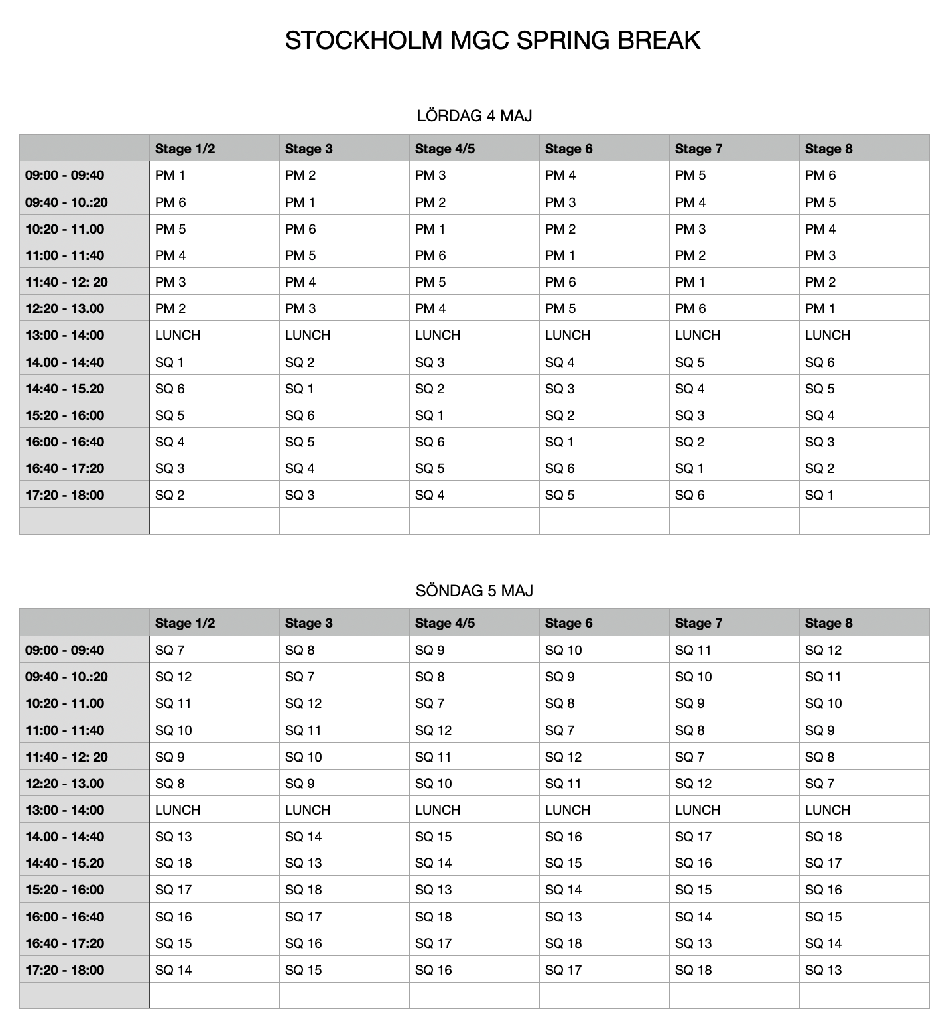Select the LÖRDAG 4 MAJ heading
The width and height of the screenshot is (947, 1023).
[x=474, y=116]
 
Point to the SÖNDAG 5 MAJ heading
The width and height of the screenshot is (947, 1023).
[x=474, y=590]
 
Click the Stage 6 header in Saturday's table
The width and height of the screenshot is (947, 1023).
[x=568, y=149]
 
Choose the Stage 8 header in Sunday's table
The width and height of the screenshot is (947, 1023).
[x=828, y=623]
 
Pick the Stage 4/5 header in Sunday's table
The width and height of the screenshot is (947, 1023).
[x=444, y=623]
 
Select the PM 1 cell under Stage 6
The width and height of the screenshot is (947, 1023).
[x=560, y=255]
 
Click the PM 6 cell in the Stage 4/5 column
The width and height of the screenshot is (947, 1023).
[x=430, y=255]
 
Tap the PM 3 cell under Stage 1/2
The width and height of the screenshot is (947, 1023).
[x=170, y=282]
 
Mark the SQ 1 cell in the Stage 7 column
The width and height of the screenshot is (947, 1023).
[x=690, y=468]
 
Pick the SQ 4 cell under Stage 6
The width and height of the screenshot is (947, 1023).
[x=560, y=362]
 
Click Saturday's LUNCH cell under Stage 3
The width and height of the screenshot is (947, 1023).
[x=307, y=335]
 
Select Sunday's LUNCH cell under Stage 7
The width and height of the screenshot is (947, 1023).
[x=697, y=810]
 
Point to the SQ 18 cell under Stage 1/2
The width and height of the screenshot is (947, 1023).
[x=173, y=863]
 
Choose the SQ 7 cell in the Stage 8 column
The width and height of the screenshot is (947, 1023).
[x=820, y=784]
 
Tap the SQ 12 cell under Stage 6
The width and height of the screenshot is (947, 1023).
[x=563, y=757]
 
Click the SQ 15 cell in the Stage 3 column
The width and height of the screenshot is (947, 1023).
[x=303, y=970]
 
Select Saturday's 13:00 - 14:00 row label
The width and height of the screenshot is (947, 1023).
[x=65, y=335]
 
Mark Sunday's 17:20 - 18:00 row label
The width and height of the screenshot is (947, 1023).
[x=65, y=970]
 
